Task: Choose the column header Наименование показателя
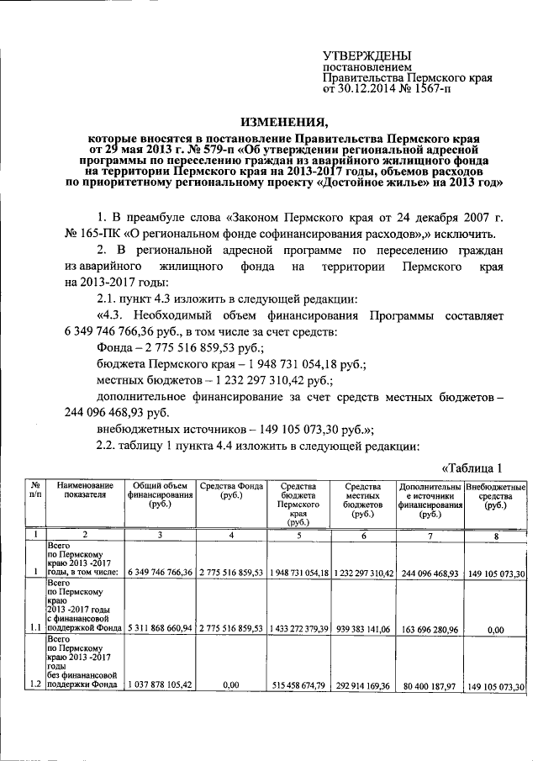(83, 491)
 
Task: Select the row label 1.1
(33, 626)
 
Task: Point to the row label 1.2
(33, 686)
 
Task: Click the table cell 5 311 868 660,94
(160, 627)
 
